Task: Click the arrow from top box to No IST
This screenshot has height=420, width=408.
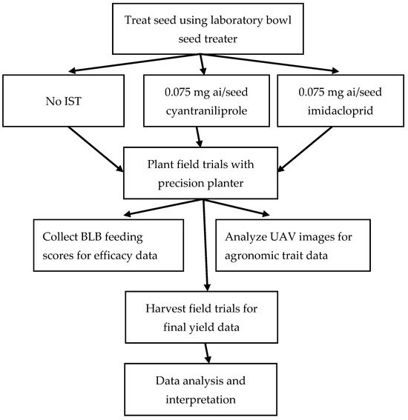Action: point(108,64)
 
